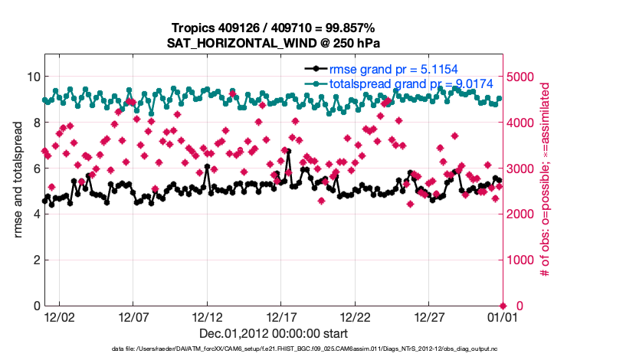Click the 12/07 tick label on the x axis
133,316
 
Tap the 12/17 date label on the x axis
282,316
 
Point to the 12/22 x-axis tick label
356,316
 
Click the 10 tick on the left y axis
33,77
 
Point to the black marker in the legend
315,69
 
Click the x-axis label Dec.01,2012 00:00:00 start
274,333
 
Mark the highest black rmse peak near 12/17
288,152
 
